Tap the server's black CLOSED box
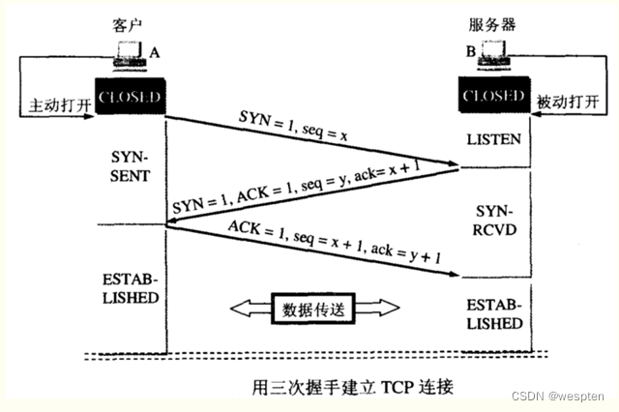[x=493, y=97]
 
